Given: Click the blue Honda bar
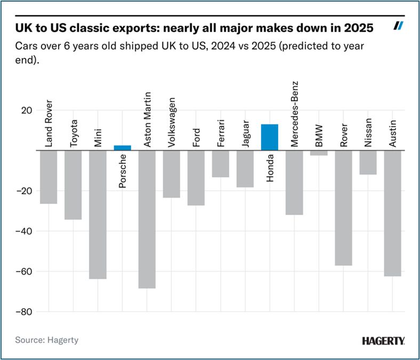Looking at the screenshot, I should point(269,137).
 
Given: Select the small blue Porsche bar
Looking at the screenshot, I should point(122,148).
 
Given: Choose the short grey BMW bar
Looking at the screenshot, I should point(319,153).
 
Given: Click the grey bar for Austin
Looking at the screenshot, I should point(392,213).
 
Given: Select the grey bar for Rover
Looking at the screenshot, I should point(343,208).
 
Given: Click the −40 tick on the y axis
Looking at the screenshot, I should point(25,231).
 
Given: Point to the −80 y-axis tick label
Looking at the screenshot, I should point(25,312).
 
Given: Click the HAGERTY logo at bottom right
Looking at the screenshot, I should point(383,340).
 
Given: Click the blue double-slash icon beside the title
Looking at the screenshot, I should point(398,26).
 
